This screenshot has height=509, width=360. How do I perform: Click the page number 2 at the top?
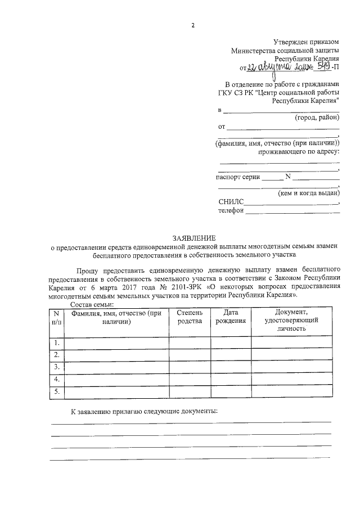point(193,25)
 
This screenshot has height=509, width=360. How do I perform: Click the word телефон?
point(231,211)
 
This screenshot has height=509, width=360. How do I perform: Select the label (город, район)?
point(317,118)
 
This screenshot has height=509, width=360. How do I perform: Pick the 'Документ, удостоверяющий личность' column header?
point(290,320)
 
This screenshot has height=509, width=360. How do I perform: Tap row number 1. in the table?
point(56,343)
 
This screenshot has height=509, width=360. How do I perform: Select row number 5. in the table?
point(56,392)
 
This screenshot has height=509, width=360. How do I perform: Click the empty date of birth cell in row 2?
point(231,355)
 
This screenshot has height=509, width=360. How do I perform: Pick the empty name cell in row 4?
point(116,380)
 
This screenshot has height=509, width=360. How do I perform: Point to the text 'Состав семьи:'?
point(92,304)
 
